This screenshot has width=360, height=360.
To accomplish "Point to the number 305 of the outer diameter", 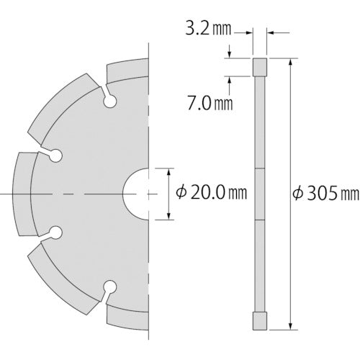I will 328,193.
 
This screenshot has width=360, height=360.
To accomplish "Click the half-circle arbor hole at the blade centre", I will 137,194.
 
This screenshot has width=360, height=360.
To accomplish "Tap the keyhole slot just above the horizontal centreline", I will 53,154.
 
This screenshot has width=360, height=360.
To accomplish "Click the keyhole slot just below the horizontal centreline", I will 53,233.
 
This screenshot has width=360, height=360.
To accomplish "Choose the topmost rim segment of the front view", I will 127,71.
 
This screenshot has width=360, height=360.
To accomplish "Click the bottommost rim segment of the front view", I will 127,317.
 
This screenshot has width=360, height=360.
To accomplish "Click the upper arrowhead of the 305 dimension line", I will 290,62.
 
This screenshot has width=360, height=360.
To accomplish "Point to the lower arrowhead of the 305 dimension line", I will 290,325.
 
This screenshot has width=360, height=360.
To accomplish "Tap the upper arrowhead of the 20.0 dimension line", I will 168,172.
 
